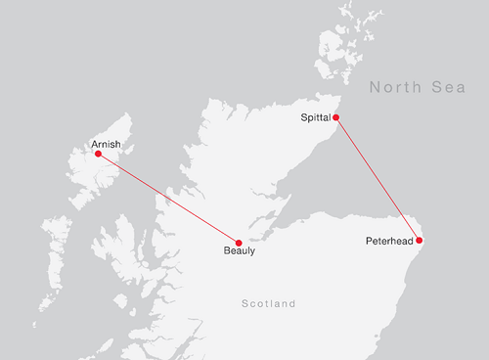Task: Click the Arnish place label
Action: coord(106,144)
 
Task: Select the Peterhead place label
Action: coord(389,240)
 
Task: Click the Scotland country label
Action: coord(268,304)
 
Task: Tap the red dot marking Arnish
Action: coord(98,154)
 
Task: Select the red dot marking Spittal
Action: coord(336,117)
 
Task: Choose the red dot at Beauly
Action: coord(239,242)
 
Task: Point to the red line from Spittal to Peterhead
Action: coord(378,178)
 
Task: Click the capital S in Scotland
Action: coord(244,304)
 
